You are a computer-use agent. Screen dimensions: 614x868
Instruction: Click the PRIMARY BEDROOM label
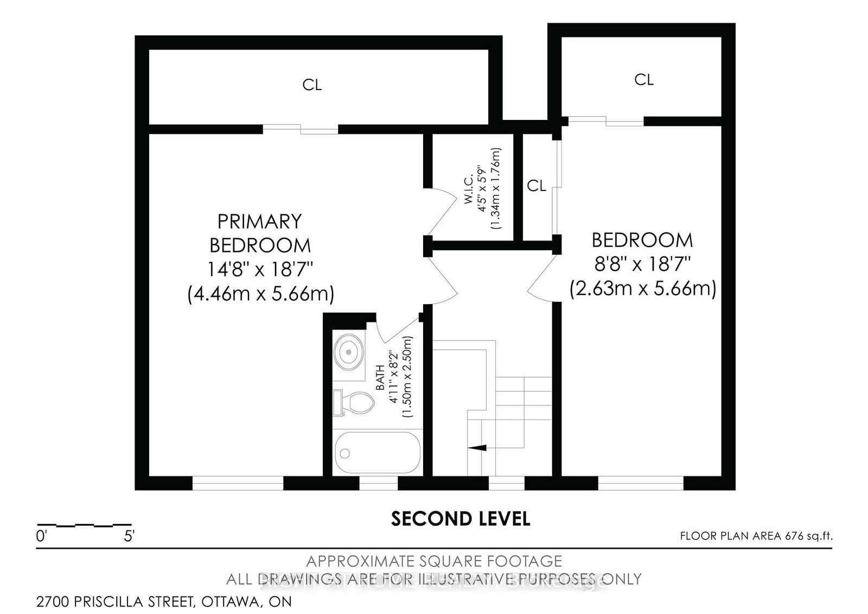click(260, 233)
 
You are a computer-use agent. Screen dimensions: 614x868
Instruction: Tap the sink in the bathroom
click(348, 351)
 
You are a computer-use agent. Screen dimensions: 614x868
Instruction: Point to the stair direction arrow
click(477, 447)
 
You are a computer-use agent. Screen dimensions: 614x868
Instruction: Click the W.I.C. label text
click(469, 188)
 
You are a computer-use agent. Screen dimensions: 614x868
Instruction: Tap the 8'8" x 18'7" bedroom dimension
click(642, 264)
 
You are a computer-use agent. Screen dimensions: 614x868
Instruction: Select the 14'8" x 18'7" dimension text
click(260, 269)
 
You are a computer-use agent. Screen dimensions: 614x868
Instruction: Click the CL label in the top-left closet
click(312, 85)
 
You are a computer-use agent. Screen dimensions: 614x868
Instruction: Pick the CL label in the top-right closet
click(644, 80)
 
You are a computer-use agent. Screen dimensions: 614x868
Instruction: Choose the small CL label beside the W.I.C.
click(537, 186)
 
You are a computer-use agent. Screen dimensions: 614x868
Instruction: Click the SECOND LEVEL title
click(460, 519)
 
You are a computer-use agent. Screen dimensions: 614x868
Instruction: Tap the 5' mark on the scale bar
click(129, 537)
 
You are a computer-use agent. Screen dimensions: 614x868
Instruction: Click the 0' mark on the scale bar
click(42, 537)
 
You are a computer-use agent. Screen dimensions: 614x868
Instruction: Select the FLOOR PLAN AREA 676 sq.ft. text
click(756, 536)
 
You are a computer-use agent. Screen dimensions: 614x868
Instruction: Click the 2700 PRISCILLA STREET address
click(164, 602)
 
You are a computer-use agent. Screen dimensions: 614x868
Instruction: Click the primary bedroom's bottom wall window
click(238, 483)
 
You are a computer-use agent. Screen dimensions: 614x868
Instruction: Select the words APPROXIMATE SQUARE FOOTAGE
click(434, 561)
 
